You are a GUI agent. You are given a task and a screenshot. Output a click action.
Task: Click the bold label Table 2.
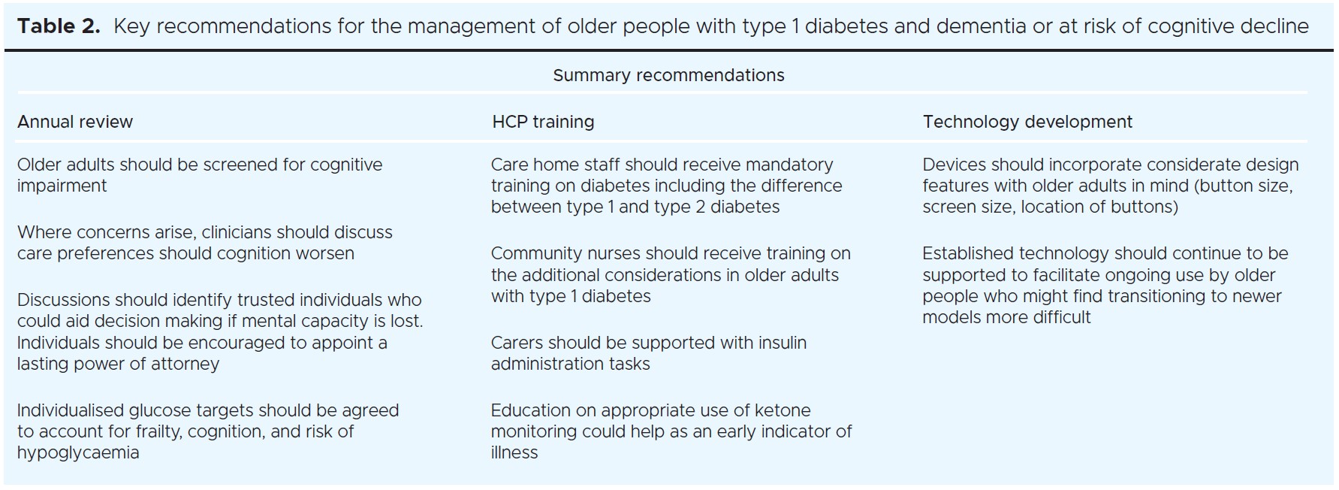click(x=58, y=26)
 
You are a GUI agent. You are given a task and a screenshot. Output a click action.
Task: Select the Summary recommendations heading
click(x=668, y=75)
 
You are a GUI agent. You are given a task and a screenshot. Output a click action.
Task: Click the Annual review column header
click(x=75, y=122)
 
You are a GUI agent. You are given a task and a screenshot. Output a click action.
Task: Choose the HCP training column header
click(x=543, y=122)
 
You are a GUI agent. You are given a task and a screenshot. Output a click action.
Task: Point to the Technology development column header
click(x=1027, y=122)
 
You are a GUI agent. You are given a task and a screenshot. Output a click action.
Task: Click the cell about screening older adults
click(x=200, y=175)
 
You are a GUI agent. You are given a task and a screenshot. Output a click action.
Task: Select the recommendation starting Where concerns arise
click(x=205, y=243)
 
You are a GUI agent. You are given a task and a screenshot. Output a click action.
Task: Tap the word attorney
click(x=185, y=364)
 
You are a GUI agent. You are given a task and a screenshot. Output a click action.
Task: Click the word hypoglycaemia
click(x=78, y=452)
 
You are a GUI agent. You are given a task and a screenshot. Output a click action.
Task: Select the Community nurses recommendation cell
click(x=671, y=275)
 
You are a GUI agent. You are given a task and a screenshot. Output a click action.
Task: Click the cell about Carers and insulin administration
click(x=649, y=353)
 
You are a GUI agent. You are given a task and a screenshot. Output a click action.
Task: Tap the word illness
click(x=514, y=452)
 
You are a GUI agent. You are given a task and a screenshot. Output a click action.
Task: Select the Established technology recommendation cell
click(x=1105, y=286)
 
